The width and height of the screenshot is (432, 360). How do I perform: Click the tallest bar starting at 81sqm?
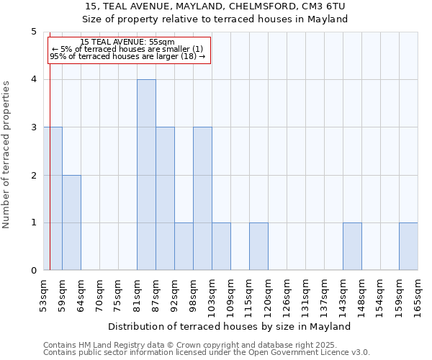pos(146,175)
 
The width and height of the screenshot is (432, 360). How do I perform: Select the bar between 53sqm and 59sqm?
pos(53,199)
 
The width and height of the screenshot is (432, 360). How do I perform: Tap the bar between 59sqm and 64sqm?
pos(71,222)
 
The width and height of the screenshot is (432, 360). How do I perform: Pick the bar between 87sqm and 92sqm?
pos(165,199)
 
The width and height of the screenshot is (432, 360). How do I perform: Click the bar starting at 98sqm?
pos(202,199)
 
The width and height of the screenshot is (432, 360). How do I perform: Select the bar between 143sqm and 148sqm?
pos(352,246)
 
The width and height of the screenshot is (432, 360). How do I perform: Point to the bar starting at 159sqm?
pos(408,246)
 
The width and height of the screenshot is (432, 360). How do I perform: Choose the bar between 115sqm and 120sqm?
pos(258,246)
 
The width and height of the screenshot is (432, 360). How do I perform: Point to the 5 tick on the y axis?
pos(33,32)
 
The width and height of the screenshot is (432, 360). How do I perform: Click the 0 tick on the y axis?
pos(33,271)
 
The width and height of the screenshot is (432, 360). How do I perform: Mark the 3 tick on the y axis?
pos(33,127)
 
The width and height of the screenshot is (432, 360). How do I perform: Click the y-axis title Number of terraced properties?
pos(7,154)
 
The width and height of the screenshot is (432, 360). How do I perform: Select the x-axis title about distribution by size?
pos(233,326)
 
